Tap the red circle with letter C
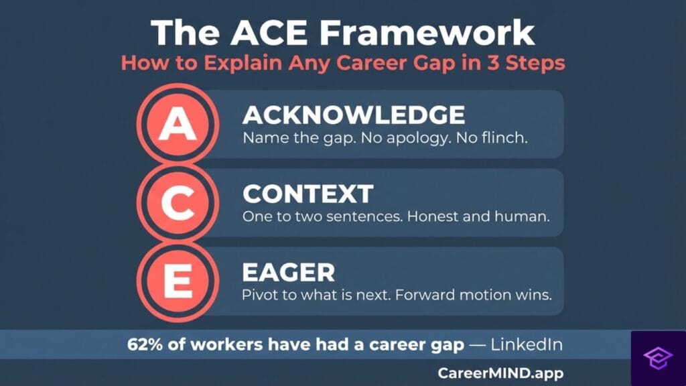[176, 204]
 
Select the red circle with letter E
[176, 281]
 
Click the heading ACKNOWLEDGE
[353, 115]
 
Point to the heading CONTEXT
[307, 194]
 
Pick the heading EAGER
[288, 272]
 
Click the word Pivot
[261, 295]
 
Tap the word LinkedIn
[526, 346]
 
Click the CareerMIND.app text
[500, 373]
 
